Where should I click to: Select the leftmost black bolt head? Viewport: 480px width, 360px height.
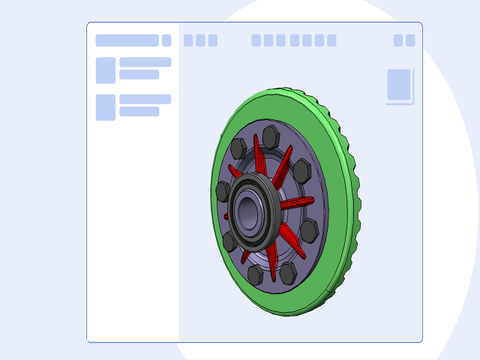click(223, 191)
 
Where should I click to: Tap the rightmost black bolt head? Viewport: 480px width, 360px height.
click(308, 229)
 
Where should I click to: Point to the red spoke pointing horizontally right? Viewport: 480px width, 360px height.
click(298, 202)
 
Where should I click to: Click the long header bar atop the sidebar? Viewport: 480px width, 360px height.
click(127, 40)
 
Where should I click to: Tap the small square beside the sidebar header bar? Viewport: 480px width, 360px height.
click(166, 40)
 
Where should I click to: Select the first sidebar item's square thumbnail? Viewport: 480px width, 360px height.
click(106, 70)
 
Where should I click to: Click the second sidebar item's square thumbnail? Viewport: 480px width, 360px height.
click(106, 107)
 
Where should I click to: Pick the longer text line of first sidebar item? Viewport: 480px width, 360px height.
click(145, 62)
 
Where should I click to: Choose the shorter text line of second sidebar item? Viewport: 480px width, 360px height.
click(139, 112)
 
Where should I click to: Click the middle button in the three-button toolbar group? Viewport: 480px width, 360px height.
click(200, 40)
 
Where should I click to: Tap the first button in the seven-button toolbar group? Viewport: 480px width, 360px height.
click(256, 40)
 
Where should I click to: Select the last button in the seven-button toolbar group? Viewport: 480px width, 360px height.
click(331, 40)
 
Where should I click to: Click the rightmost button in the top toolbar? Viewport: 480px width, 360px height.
click(410, 40)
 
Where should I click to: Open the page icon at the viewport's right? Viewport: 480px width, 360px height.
click(399, 85)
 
